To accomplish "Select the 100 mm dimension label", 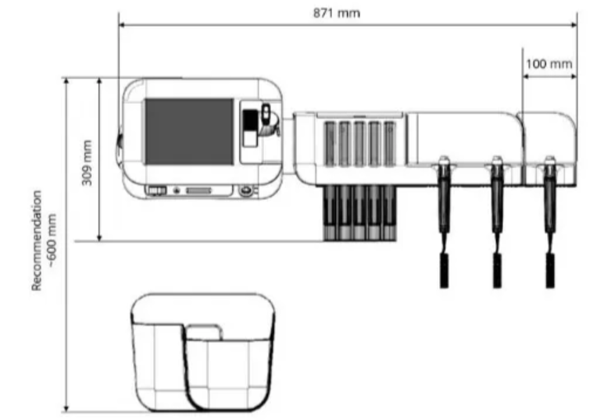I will point(549,63).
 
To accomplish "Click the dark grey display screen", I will point(189,131).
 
